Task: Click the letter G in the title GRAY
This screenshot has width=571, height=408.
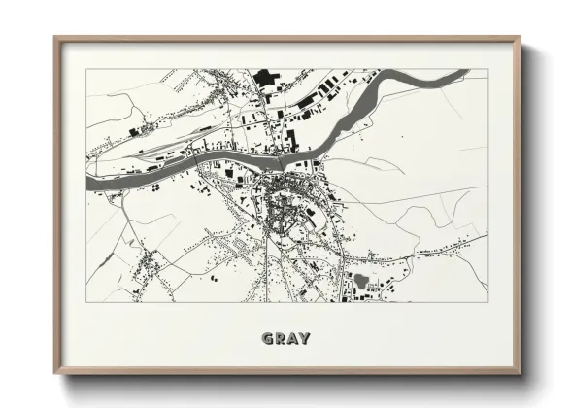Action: point(267,339)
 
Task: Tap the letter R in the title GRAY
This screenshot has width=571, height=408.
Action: point(280,339)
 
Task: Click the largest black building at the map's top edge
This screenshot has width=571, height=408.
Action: point(265,76)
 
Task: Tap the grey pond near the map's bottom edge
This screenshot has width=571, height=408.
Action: point(362,281)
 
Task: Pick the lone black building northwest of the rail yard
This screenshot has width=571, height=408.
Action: point(133,131)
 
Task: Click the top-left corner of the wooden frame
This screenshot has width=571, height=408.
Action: point(55,38)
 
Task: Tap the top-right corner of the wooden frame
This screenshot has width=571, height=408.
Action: point(521,38)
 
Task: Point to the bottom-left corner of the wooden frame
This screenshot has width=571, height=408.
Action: point(55,374)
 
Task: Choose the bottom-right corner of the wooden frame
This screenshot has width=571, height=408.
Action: point(521,374)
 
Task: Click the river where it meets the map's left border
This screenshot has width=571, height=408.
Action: point(88,182)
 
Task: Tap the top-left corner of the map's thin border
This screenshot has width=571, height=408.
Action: point(85,69)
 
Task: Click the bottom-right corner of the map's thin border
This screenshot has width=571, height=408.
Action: point(488,302)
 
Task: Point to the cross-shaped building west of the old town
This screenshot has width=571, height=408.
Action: point(230,175)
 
